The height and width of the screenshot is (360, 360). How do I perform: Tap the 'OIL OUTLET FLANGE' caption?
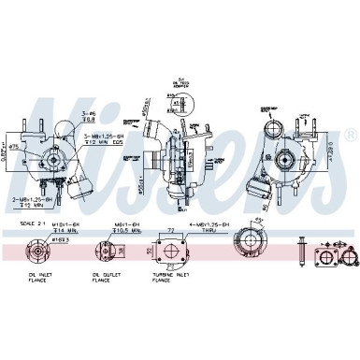point(104,275)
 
